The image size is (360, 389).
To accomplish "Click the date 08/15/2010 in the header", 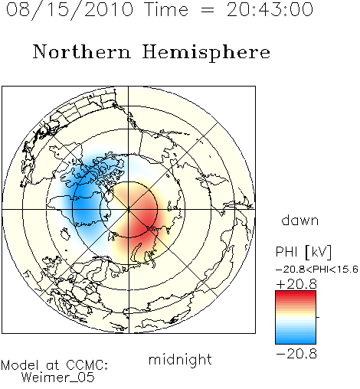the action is [70, 10].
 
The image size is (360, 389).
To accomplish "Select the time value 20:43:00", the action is [270, 10].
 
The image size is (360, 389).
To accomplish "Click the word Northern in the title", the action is [82, 52].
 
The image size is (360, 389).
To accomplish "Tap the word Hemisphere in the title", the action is [206, 53].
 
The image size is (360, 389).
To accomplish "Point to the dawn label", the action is [300, 221].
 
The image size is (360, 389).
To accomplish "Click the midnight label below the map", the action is [180, 360].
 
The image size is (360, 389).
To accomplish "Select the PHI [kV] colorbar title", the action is [304, 252].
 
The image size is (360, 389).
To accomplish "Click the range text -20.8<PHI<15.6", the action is [317, 270].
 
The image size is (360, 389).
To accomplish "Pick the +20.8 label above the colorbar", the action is [296, 284].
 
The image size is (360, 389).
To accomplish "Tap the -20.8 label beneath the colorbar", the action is [296, 354].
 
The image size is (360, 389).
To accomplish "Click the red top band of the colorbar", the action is [296, 293].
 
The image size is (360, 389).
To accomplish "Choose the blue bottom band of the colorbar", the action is [296, 341].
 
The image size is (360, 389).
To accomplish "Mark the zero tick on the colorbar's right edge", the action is [318, 317].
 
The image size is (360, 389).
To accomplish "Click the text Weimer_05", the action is [57, 378].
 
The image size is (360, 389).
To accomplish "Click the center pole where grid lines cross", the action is [129, 209].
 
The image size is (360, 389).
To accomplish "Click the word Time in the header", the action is [166, 10].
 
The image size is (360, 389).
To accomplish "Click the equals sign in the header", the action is [208, 10].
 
